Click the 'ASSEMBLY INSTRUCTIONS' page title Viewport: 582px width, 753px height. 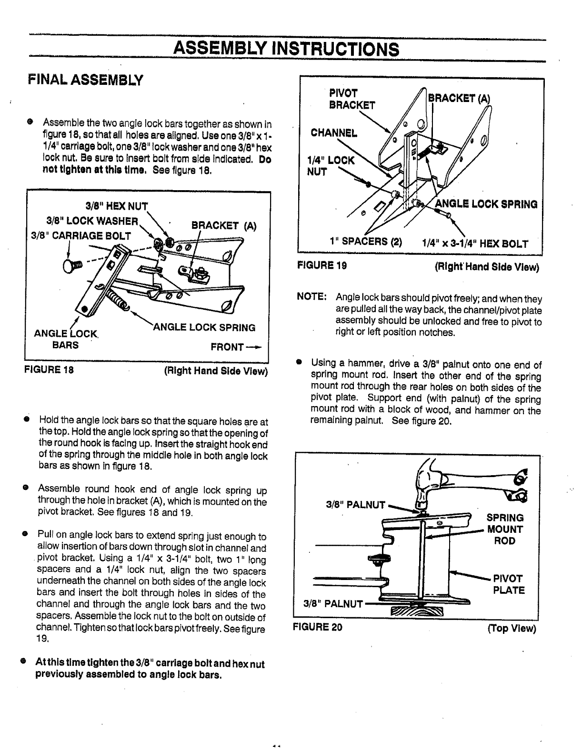(286, 48)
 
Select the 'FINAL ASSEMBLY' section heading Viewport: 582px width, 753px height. (85, 80)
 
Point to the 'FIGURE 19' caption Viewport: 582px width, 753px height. (321, 265)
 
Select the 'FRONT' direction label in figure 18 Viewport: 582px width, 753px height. (236, 346)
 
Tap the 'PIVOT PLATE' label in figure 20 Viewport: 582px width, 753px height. (509, 584)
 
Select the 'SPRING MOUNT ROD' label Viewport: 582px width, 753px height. (504, 529)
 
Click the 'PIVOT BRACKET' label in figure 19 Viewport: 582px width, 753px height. (352, 98)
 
